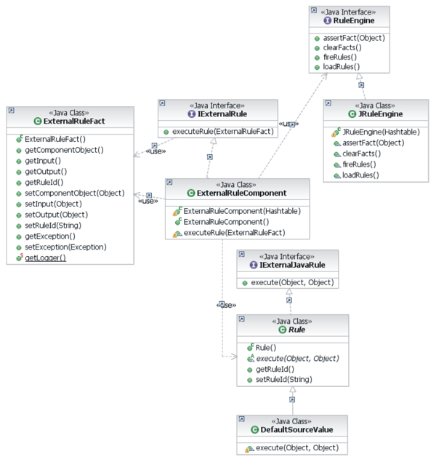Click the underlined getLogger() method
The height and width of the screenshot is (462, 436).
45,258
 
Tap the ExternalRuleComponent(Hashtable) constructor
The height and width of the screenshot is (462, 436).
231,210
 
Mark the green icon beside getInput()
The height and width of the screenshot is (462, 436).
18,160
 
